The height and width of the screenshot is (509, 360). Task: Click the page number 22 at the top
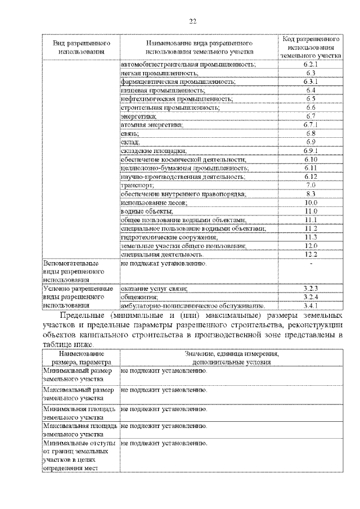[x=192, y=21]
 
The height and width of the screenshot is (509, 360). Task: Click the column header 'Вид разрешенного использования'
[x=81, y=47]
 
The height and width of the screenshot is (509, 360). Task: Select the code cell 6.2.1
[x=310, y=65]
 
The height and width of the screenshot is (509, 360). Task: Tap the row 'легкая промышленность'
[x=159, y=73]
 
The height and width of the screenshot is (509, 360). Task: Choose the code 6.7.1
[x=310, y=124]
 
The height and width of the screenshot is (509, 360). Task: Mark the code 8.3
[x=310, y=193]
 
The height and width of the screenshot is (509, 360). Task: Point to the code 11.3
[x=310, y=237]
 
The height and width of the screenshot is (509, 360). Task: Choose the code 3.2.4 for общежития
[x=310, y=296]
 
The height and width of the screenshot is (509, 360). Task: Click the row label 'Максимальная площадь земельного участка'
[x=80, y=430]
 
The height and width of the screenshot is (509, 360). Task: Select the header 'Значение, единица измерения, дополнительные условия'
[x=231, y=358]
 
